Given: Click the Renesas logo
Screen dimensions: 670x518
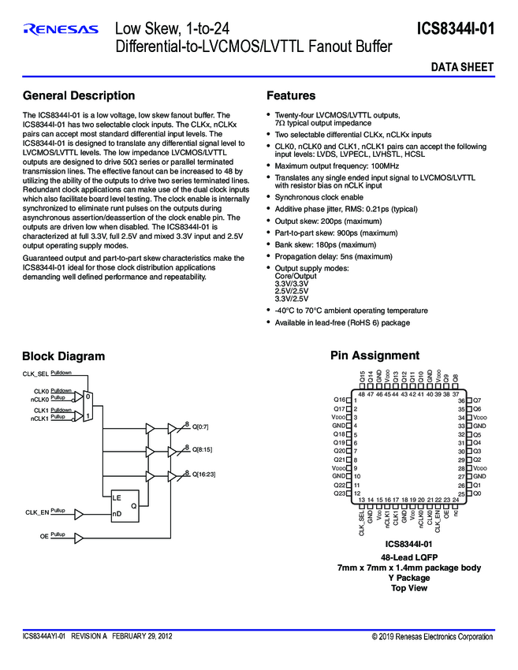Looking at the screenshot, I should coord(61,30).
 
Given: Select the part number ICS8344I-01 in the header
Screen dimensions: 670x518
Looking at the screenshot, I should coord(456,30).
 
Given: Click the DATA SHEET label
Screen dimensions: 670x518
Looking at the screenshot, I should coord(462,68).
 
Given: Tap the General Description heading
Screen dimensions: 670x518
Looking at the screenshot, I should coord(79,96).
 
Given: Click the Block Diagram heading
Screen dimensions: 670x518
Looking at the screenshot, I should coord(63,356).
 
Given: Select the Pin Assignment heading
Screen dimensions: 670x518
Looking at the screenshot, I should coord(375,356).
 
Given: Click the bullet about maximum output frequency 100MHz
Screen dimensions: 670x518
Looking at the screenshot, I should coord(337,166).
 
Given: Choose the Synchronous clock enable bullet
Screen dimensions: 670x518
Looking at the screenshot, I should coord(319,197).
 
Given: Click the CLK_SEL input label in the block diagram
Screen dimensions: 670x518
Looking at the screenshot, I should coord(36,374).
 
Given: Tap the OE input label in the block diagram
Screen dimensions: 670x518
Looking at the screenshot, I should coord(44,536).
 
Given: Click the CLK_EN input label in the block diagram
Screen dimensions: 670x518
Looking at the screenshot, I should coord(37,512).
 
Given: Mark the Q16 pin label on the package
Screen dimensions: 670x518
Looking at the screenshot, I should coord(339,400).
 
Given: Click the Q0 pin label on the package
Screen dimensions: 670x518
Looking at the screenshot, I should coord(477,493).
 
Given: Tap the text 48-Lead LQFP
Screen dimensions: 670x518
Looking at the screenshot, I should coord(409,556).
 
